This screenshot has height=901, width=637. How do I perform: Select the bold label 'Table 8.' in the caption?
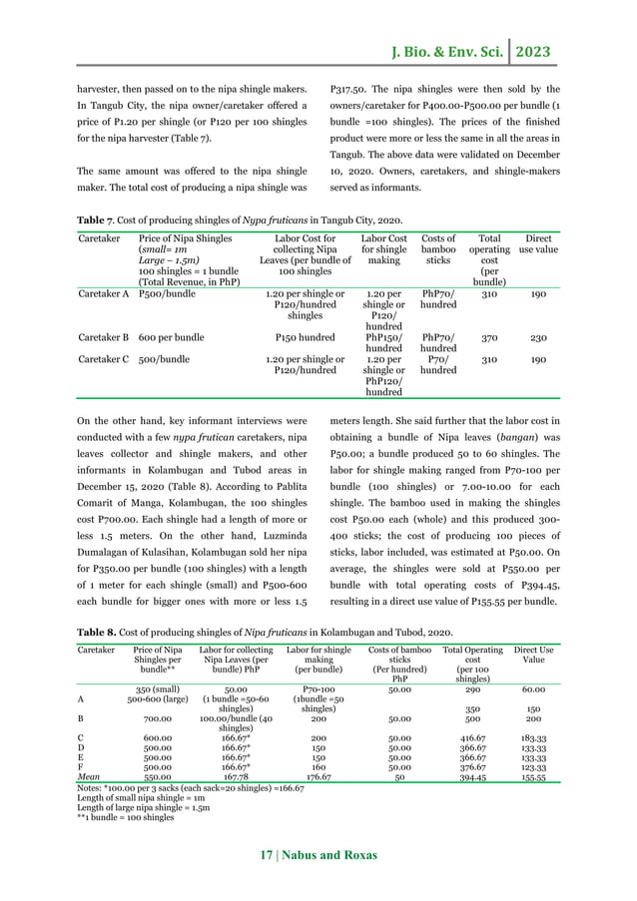click(x=99, y=632)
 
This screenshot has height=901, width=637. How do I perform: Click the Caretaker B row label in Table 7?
click(x=103, y=337)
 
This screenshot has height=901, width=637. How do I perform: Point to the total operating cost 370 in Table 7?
click(x=487, y=337)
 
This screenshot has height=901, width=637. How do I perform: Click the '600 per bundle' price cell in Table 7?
click(x=173, y=337)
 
